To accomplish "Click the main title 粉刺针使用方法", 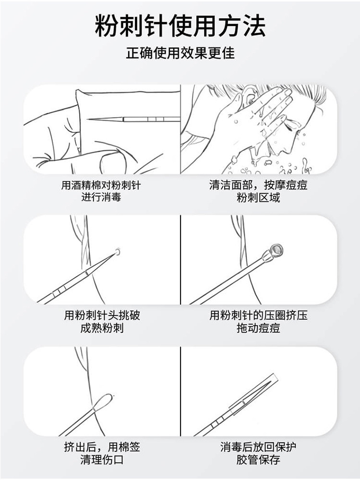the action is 180,25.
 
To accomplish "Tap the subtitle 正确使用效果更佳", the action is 180,53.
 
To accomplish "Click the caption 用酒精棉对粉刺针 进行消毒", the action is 101,191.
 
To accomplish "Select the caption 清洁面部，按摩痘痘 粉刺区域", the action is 258,191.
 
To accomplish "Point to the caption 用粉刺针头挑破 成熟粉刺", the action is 102,322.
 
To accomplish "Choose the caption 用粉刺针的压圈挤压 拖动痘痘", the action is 258,322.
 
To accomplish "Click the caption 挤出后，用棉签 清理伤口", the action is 102,453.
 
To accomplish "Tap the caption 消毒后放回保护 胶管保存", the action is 258,453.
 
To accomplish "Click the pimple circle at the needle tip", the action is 117,252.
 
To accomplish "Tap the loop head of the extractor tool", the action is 277,249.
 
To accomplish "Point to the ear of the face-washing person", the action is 250,95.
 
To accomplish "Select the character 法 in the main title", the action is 253,25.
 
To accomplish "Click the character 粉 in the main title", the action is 107,25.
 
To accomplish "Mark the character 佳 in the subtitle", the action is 228,53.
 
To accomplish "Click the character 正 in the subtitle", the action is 132,53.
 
